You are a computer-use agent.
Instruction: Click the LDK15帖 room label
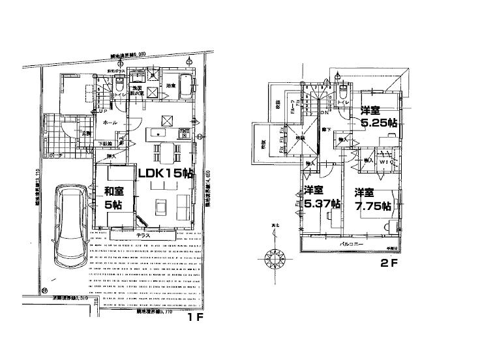coord(164,173)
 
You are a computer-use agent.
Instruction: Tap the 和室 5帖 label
coord(115,198)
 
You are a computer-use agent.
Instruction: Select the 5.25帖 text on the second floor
coord(374,122)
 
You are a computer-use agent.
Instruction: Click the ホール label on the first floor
coord(110,122)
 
